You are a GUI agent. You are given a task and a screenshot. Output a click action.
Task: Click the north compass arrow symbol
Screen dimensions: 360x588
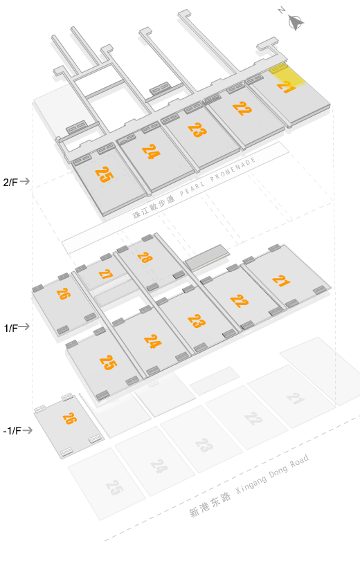(296, 22)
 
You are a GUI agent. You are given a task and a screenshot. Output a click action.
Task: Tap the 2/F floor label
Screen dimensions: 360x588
(10, 182)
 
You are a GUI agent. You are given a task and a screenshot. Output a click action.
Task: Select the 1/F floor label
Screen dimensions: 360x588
(11, 328)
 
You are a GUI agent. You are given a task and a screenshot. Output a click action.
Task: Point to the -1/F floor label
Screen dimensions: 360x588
(12, 430)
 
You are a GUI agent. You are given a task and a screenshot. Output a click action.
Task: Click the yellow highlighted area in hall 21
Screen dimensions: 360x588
(287, 76)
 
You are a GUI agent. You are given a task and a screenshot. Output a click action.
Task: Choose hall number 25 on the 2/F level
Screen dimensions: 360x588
(104, 174)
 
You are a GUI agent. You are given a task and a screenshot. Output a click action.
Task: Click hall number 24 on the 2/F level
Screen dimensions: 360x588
(151, 151)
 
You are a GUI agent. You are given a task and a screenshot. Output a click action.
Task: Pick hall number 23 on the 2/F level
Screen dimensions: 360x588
(197, 130)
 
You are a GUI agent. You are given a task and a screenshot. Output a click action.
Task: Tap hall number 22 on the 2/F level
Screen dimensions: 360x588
(242, 109)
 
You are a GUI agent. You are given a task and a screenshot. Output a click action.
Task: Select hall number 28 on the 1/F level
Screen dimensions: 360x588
(145, 257)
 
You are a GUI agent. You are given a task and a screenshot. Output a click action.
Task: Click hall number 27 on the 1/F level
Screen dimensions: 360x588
(106, 274)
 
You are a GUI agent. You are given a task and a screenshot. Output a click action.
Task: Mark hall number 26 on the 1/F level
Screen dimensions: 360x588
(64, 293)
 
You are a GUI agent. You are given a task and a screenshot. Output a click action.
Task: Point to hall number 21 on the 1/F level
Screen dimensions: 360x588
(281, 281)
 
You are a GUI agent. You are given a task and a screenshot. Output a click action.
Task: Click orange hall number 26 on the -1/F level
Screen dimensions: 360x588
(70, 419)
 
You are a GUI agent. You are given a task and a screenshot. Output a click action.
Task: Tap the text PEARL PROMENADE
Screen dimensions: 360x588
(217, 176)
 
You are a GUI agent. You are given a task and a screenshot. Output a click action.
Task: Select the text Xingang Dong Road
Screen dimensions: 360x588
(272, 474)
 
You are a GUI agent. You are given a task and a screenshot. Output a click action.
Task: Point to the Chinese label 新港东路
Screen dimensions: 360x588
(210, 505)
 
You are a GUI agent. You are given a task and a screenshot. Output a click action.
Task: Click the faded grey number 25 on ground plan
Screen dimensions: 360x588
(114, 488)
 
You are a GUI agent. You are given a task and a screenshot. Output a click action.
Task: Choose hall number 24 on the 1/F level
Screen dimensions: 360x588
(153, 342)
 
